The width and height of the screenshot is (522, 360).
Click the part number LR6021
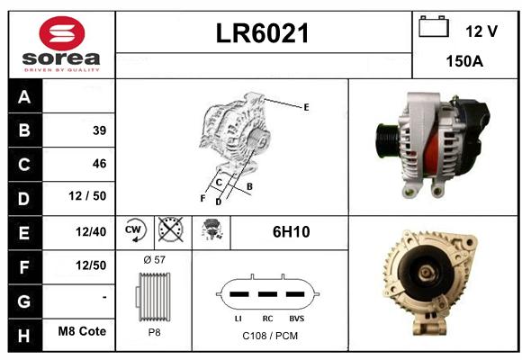(x=262, y=33)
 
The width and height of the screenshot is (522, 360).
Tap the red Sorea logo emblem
(x=62, y=33)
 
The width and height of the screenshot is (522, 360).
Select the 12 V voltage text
(x=481, y=31)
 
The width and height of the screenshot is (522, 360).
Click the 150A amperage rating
(x=464, y=61)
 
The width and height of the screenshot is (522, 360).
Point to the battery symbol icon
(x=434, y=26)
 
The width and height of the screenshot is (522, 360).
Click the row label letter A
(x=24, y=97)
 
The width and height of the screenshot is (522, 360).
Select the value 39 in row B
(x=100, y=130)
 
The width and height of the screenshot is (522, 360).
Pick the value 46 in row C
(x=100, y=164)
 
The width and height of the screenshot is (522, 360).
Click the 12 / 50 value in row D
(x=87, y=196)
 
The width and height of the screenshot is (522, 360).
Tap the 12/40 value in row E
(x=91, y=232)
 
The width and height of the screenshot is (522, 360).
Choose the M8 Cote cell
(x=82, y=331)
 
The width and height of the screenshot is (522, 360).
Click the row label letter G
(x=24, y=301)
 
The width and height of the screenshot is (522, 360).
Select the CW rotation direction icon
(x=135, y=230)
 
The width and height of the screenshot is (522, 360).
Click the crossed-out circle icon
(x=170, y=229)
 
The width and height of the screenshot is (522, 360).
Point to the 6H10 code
(x=292, y=232)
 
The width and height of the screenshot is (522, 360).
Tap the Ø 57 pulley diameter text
(x=154, y=260)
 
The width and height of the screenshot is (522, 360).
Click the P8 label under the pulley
(x=154, y=332)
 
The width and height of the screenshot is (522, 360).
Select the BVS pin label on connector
(x=297, y=319)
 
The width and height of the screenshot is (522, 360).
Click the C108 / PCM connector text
(x=270, y=336)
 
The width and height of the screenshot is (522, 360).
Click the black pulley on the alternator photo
(x=387, y=139)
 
